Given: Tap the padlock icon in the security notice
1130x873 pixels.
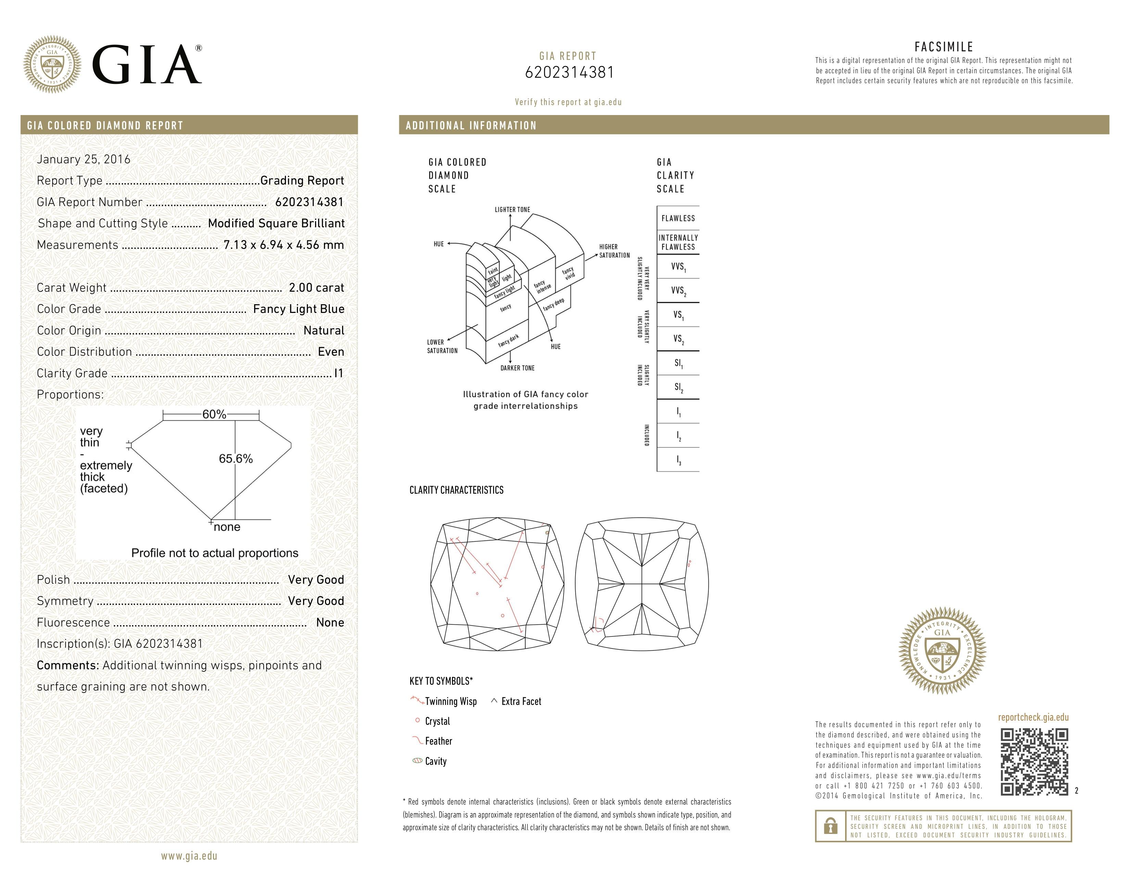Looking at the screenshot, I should click(x=830, y=826).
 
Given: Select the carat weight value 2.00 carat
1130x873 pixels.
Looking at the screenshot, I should click(x=316, y=288).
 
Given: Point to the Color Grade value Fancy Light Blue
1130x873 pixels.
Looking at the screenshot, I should click(x=299, y=309).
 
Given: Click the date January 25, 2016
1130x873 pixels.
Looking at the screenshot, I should click(x=83, y=159).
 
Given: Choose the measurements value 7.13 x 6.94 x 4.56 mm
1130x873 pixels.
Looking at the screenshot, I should click(x=284, y=245).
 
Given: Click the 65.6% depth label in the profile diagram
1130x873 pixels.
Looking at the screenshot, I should click(x=236, y=459).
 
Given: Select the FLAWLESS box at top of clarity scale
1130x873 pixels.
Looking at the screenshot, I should click(x=678, y=218).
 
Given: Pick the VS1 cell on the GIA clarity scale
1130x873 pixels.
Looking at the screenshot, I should click(x=678, y=314).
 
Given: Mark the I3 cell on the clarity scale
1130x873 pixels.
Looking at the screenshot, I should click(x=678, y=460).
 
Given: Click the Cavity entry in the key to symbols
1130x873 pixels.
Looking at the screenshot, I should click(x=435, y=761).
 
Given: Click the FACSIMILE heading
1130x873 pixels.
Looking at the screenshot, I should click(x=944, y=47).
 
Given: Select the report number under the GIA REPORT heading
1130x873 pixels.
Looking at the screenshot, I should click(x=569, y=72).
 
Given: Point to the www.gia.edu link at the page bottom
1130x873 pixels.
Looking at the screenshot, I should click(x=189, y=856).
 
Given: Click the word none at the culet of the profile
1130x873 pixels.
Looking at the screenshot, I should click(x=227, y=527).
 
